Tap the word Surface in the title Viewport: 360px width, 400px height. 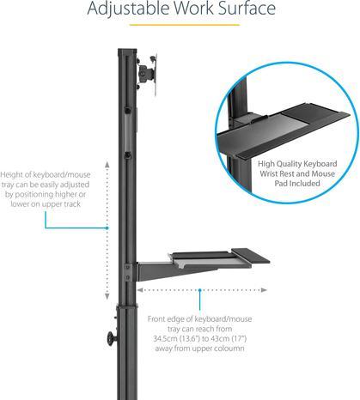click(247, 8)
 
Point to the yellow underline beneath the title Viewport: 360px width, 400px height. click(185, 25)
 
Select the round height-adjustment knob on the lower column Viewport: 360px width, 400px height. click(112, 339)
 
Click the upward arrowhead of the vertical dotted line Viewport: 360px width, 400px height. click(107, 164)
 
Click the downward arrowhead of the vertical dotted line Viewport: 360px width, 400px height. click(107, 296)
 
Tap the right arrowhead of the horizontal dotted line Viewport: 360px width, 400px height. click(264, 290)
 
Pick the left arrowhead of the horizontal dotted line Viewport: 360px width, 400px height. click(140, 290)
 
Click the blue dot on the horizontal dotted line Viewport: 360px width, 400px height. click(199, 290)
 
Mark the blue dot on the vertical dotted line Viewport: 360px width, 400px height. click(107, 228)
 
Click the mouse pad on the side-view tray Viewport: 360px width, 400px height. click(251, 255)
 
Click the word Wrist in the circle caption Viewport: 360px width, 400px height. click(269, 173)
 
